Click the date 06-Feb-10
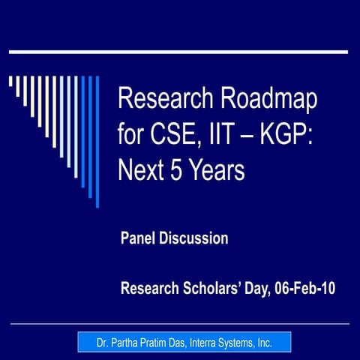click(x=307, y=287)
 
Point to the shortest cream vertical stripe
click(x=10, y=81)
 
